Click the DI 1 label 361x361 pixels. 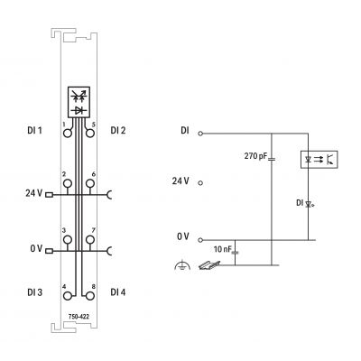(34, 131)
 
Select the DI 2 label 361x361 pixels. (118, 131)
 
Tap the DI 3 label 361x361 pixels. (35, 292)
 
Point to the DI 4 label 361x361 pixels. (118, 292)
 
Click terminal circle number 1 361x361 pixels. (68, 133)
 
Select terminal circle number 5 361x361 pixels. (89, 133)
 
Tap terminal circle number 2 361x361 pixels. (68, 183)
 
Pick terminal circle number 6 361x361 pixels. (89, 183)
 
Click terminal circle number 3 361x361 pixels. (68, 240)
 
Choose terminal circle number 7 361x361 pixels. (89, 240)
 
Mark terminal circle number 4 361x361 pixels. (68, 296)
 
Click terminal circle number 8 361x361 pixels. (89, 296)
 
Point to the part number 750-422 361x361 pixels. (79, 317)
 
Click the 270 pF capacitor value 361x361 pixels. (255, 156)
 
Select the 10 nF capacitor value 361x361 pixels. (223, 249)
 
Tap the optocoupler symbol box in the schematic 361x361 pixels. (319, 160)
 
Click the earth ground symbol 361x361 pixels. (182, 265)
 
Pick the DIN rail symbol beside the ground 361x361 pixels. (209, 265)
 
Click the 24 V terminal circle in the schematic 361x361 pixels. (200, 183)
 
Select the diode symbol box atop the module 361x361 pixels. (79, 102)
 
